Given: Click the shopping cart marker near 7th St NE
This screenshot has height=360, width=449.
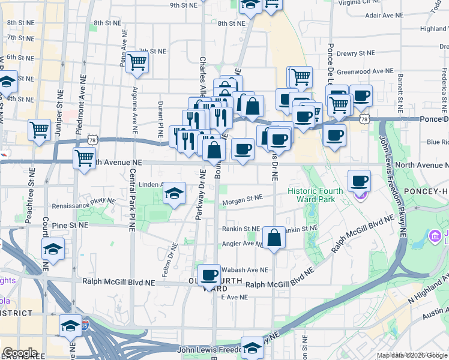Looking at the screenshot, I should point(137,61).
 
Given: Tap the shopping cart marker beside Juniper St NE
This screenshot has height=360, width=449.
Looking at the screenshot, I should point(39,130).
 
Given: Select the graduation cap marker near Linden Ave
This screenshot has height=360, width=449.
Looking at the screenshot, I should point(174,193).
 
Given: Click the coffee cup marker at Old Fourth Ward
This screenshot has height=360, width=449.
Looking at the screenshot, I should point(209,275).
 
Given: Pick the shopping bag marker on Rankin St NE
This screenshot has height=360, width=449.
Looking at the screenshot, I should point(274,238).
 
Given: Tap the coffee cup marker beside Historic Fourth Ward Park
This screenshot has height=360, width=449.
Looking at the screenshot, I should point(359,181).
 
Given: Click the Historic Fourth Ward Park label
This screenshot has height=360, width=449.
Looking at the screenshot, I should point(315,195).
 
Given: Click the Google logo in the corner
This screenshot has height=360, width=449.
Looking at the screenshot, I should point(20,353).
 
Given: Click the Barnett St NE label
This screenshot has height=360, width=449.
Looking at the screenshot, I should point(399,93).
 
